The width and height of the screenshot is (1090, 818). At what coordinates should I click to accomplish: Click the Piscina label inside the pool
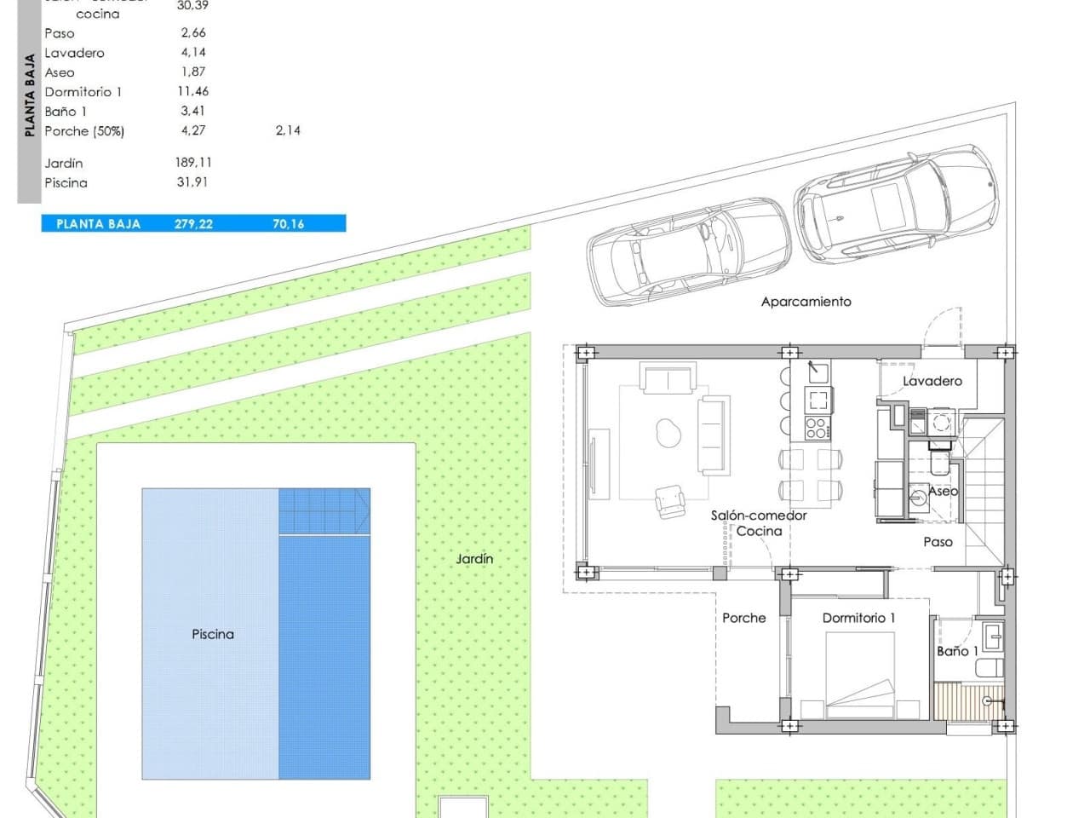[212, 634]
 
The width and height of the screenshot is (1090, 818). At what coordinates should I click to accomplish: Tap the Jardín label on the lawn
[474, 559]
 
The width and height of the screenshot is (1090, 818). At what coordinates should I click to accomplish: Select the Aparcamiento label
[806, 302]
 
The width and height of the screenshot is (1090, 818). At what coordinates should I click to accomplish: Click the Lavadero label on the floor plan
[932, 381]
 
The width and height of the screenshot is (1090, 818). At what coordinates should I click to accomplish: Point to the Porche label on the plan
[743, 618]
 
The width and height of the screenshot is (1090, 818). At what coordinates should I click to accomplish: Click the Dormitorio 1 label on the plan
[858, 618]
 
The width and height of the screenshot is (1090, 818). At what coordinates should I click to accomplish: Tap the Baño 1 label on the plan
[957, 651]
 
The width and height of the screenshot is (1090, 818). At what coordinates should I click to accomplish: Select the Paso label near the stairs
[938, 542]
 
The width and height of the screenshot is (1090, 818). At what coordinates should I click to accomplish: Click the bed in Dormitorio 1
[859, 677]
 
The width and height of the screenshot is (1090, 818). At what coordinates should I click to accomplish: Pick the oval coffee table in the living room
[669, 434]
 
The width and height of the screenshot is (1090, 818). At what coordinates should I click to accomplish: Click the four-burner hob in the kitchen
[817, 428]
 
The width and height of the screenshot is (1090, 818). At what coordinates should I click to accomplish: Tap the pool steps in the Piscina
[324, 510]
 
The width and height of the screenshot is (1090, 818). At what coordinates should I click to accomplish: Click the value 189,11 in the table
[193, 162]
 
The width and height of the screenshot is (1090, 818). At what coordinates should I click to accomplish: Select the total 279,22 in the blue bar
[193, 224]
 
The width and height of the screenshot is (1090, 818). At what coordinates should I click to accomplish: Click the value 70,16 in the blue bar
[288, 224]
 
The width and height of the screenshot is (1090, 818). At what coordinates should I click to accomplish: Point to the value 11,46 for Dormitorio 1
[193, 91]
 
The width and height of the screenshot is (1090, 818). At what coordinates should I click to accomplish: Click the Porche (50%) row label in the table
[84, 130]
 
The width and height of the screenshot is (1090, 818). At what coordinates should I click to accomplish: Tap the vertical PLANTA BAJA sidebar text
[30, 95]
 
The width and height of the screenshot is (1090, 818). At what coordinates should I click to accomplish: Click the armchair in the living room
[669, 500]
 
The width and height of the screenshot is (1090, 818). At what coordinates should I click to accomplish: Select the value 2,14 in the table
[288, 130]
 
